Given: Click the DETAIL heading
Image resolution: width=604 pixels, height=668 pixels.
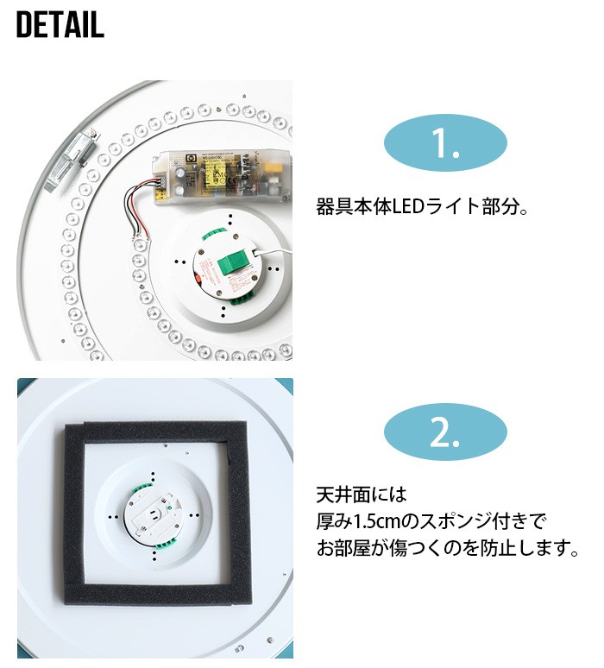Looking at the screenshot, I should (x=60, y=26).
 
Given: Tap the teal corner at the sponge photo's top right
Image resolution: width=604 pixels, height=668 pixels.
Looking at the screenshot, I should (x=287, y=383).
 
